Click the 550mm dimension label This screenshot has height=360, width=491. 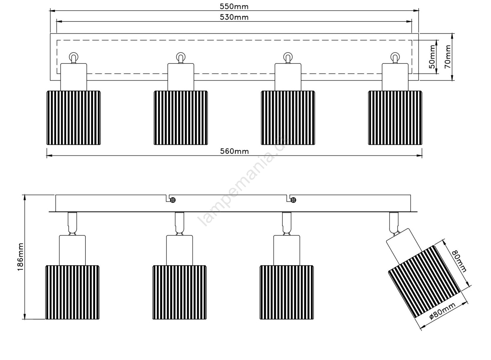pos(234,7)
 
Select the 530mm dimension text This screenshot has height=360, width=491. pos(234,17)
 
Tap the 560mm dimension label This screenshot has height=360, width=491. pos(234,151)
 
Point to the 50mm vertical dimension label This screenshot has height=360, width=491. pos(432,57)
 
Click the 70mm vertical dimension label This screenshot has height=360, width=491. pos(447,57)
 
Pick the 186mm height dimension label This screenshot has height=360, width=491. pos(20,257)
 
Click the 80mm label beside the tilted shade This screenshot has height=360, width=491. pos(459,261)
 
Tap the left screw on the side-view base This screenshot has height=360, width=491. pos(173,200)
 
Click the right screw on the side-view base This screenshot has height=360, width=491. pos(293,200)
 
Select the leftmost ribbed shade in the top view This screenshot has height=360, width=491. pos(73,118)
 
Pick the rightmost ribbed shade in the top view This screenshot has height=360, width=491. pos(395,118)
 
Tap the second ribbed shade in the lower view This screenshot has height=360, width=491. pos(179,293)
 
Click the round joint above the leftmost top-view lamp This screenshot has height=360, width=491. pos(73,57)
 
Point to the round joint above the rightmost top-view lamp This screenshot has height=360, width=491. pos(395,57)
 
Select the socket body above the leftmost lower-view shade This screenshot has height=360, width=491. pos(72,250)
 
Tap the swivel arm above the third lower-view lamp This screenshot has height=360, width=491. pos(287,224)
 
